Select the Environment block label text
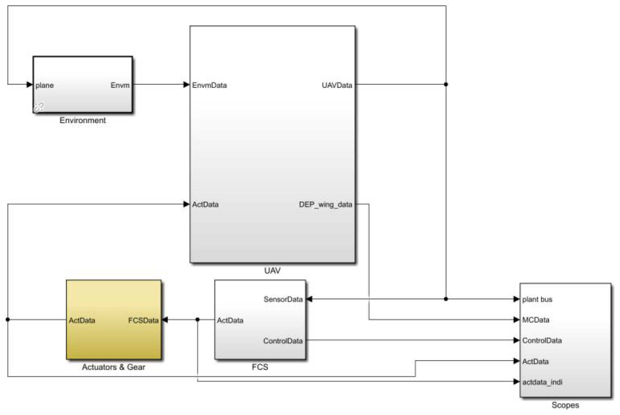click(x=83, y=120)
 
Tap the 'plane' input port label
click(x=44, y=85)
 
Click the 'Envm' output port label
click(x=120, y=85)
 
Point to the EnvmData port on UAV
click(x=209, y=85)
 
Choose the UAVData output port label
click(x=337, y=85)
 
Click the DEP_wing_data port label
click(x=325, y=205)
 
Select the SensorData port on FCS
click(x=283, y=299)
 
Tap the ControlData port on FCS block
click(x=283, y=341)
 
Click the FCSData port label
click(x=143, y=320)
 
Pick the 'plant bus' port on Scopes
click(x=537, y=299)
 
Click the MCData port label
click(x=536, y=320)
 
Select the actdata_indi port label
click(x=542, y=382)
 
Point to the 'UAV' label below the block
click(x=272, y=271)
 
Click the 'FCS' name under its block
click(x=260, y=367)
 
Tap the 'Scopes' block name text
click(x=565, y=405)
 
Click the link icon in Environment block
click(x=39, y=107)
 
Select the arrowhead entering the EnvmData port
click(x=186, y=84)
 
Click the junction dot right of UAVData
click(x=446, y=84)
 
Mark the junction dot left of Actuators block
click(x=8, y=320)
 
